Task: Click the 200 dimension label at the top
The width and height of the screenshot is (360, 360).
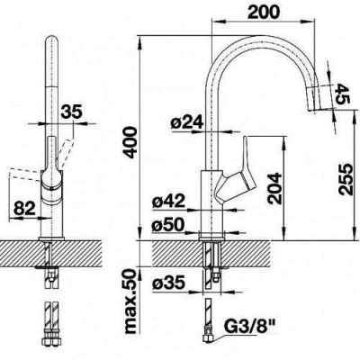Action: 264,12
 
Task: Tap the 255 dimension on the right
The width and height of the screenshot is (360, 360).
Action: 348,179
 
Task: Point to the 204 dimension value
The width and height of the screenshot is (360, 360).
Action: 275,188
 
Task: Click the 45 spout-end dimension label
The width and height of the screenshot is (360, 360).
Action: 342,94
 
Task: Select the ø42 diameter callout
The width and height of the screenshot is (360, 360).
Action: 168,201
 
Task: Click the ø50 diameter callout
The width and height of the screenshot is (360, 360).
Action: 168,224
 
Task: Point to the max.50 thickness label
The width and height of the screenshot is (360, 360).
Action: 131,301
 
